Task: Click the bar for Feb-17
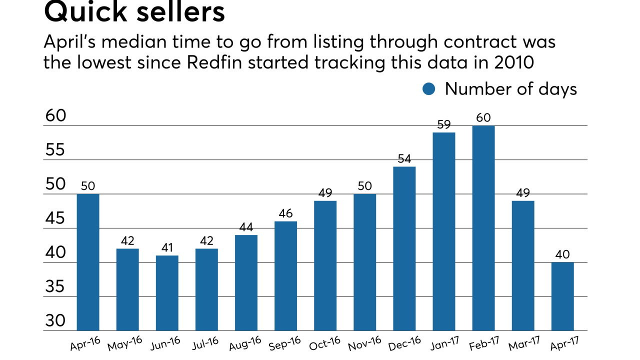point(483,228)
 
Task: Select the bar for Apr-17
point(562,296)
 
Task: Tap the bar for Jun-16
point(167,293)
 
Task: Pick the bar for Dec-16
point(404,248)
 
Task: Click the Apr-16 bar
point(88,262)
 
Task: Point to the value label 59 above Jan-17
point(443,124)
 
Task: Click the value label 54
point(404,159)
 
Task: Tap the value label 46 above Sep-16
point(285,213)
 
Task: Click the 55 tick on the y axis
point(55,150)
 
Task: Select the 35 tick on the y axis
point(55,287)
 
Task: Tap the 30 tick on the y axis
point(55,321)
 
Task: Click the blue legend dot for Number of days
point(429,89)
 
